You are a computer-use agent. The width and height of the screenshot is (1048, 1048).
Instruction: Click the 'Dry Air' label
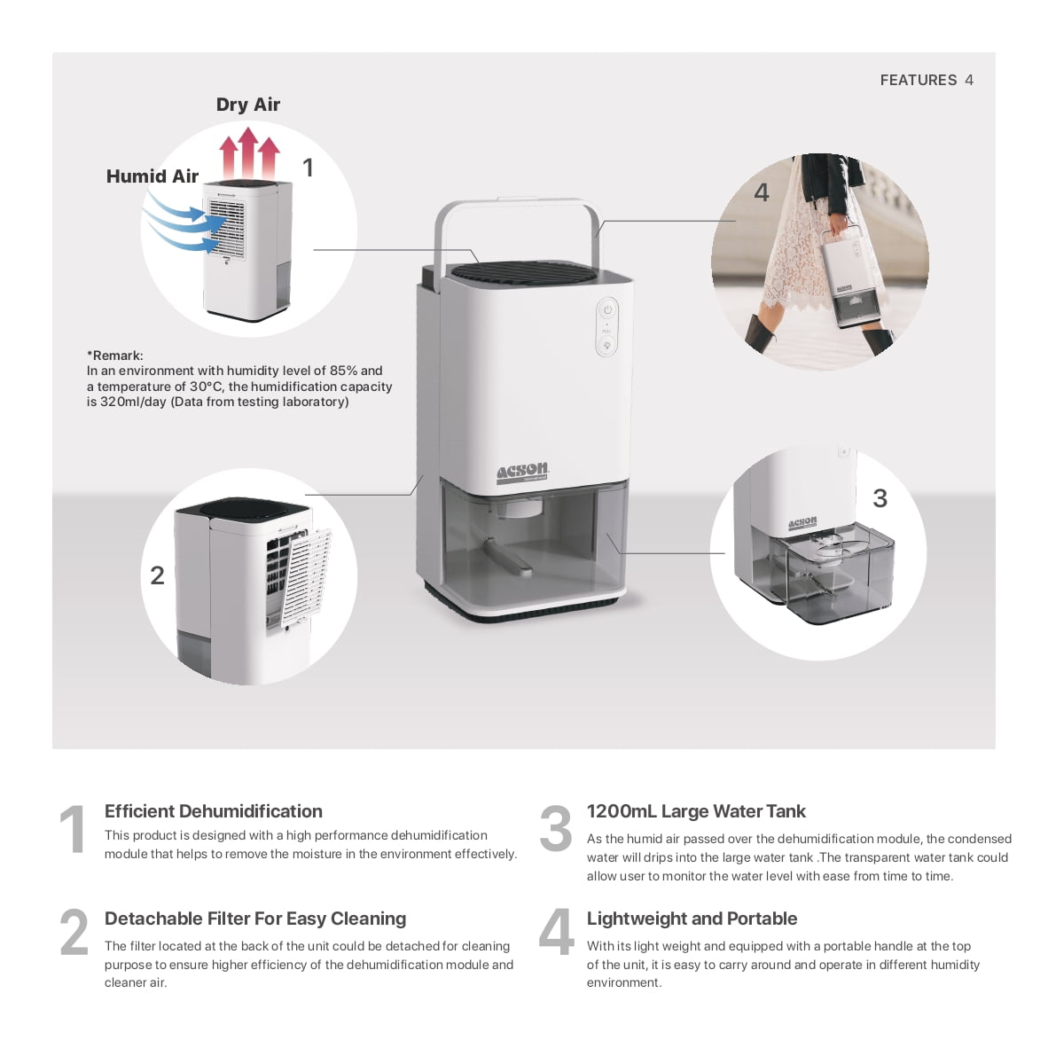tap(247, 105)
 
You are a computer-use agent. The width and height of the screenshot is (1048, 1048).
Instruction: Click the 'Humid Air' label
tap(152, 176)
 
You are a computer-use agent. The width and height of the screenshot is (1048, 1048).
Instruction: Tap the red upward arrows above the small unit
tap(249, 153)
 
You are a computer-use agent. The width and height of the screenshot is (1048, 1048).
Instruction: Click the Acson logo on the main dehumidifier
tap(522, 472)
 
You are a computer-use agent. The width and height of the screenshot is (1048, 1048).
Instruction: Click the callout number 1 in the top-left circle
tap(308, 168)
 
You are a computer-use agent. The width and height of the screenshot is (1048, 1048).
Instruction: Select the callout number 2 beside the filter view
tap(157, 575)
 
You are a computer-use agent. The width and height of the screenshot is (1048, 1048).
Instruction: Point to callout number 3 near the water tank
tap(880, 498)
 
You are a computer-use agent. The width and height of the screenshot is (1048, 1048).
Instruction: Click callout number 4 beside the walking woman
tap(761, 192)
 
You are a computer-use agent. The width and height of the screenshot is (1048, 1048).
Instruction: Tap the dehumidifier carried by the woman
tap(849, 278)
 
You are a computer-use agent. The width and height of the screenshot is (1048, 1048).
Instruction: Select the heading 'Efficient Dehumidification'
tap(213, 811)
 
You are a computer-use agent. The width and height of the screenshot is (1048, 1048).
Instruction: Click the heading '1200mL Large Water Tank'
tap(695, 811)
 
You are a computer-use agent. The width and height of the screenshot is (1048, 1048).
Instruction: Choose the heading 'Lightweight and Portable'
tap(692, 919)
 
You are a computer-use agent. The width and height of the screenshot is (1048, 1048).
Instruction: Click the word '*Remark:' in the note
tap(114, 356)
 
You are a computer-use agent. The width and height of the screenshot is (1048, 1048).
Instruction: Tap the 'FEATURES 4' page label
tap(926, 80)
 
